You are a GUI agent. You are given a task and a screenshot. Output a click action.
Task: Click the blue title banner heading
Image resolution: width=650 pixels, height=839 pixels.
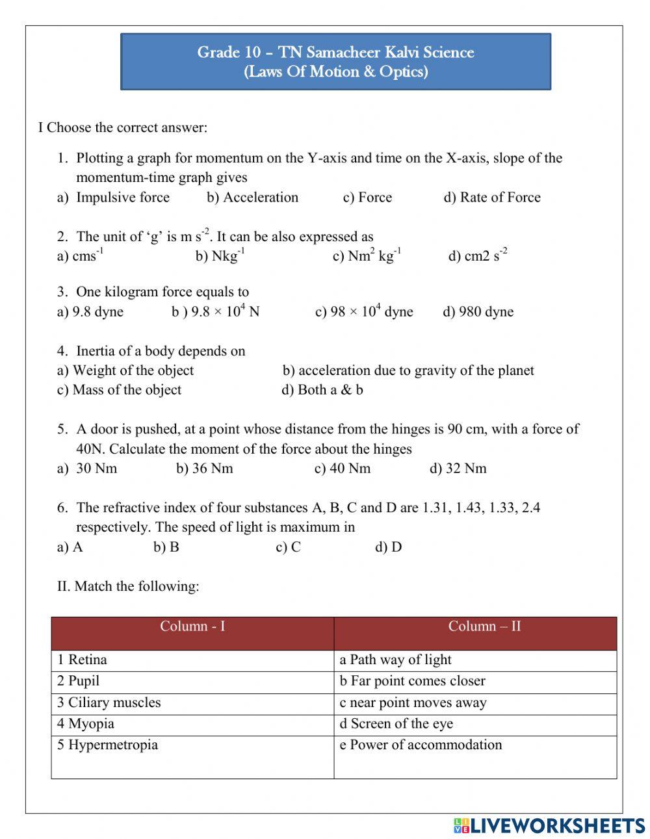tap(335, 62)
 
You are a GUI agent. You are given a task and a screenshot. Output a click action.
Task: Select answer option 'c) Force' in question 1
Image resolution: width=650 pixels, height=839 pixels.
tap(367, 198)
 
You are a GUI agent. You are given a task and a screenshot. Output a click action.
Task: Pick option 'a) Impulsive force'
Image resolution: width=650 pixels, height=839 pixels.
tap(113, 198)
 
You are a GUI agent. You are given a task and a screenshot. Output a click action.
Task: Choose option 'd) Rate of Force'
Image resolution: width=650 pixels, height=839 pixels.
tap(492, 198)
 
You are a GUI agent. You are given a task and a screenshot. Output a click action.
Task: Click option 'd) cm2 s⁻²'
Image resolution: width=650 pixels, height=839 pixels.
tap(478, 255)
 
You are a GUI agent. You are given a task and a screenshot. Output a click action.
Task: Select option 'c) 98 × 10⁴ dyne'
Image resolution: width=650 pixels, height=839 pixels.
tap(364, 312)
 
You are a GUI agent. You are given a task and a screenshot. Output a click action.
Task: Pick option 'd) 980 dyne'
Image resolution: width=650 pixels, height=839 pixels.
tap(478, 312)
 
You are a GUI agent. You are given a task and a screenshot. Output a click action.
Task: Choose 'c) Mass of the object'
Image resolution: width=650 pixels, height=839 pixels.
tap(120, 390)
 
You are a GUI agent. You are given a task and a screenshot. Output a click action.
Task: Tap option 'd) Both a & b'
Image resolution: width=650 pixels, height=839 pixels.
tap(322, 390)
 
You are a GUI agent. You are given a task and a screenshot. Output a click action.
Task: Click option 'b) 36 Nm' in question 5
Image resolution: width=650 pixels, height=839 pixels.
tap(204, 469)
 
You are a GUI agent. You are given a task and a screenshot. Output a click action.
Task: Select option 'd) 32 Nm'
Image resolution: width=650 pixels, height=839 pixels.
tap(458, 469)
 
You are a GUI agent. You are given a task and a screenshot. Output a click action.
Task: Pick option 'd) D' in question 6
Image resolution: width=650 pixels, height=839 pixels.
tap(388, 547)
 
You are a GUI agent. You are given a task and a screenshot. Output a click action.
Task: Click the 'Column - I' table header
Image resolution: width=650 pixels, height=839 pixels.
tap(192, 627)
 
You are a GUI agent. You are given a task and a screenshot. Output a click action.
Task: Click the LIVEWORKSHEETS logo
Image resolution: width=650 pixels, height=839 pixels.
tap(549, 825)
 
